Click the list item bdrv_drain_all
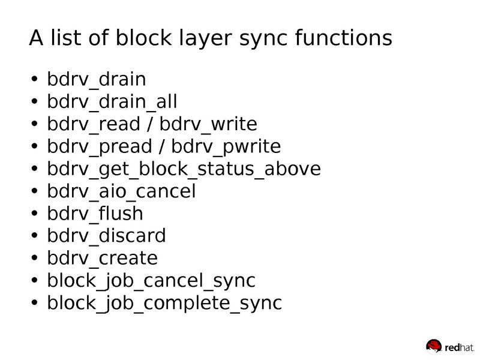coord(112,102)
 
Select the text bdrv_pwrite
coord(226,146)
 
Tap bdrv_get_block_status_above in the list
coord(184,169)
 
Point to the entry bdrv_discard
coord(106,235)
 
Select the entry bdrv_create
coord(102,257)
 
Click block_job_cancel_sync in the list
coord(151,280)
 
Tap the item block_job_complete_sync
coord(164,302)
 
